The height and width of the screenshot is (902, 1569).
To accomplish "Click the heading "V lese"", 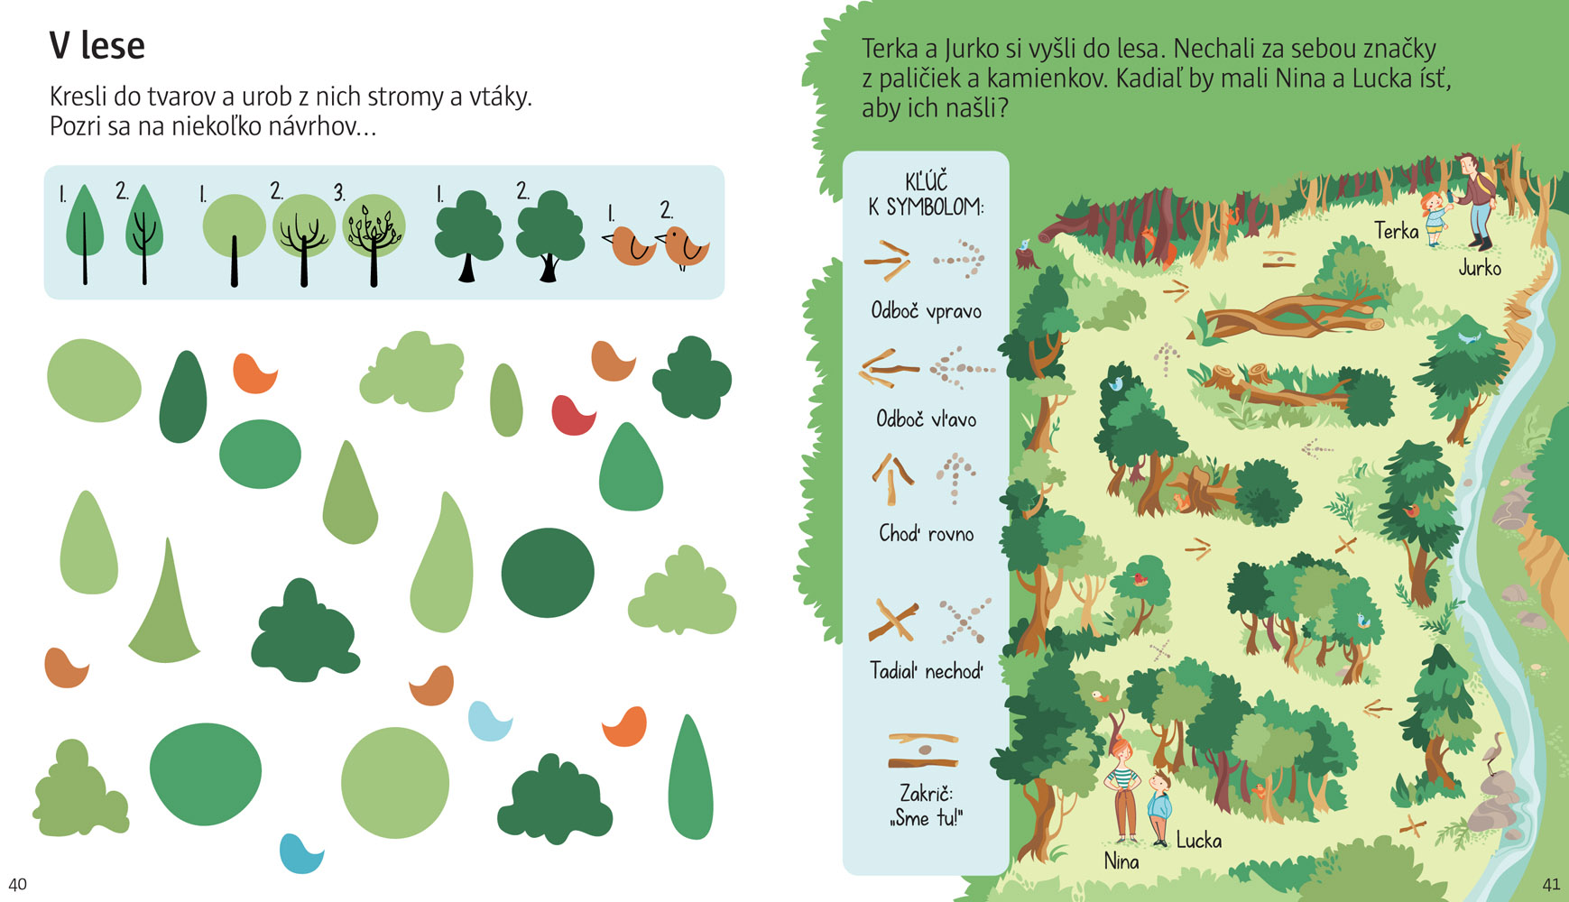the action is pos(97,46).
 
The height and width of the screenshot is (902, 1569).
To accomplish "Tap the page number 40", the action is pos(17,884).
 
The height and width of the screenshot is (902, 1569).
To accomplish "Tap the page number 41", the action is pos(1551,884).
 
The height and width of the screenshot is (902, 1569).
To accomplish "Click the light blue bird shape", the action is pos(490,722).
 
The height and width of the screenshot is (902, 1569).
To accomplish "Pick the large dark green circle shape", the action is pos(548,573).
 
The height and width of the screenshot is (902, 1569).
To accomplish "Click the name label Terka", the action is pos(1397,231).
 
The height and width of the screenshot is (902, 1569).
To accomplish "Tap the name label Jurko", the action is pos(1480,267).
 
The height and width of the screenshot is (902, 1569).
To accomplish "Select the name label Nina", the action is pos(1121,861).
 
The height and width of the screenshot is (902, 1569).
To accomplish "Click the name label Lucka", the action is pos(1199,841).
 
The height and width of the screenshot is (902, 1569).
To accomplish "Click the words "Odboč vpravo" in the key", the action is pos(926,311).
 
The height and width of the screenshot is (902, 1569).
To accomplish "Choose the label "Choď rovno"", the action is pos(927,533).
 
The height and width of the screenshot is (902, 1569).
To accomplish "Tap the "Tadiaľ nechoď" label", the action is pos(927,671).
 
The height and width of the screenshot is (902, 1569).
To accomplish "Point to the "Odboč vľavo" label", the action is pos(927,419).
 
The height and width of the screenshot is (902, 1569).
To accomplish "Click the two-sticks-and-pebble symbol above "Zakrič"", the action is pos(923,750).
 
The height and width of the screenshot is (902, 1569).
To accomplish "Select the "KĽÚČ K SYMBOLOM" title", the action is pos(926,194).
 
